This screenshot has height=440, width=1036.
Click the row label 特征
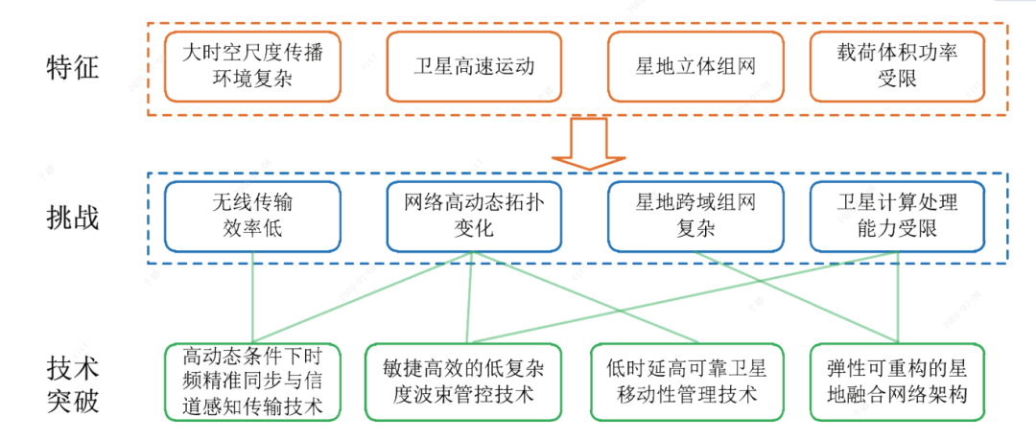(x=72, y=67)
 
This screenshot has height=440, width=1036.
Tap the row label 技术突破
(x=72, y=383)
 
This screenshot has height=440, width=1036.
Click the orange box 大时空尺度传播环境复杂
(x=252, y=66)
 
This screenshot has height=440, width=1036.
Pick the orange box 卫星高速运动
(x=474, y=66)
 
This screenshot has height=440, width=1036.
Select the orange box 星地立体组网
(x=695, y=66)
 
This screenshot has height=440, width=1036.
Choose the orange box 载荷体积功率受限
(x=897, y=66)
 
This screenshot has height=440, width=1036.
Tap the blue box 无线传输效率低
(x=252, y=217)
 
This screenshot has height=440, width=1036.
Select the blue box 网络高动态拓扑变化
(x=474, y=217)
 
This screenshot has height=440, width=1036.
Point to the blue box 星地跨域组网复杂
(x=695, y=217)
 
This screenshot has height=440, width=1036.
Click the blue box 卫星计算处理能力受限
(x=897, y=217)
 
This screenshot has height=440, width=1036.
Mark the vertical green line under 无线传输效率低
(x=252, y=297)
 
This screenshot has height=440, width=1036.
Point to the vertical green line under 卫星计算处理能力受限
(x=898, y=297)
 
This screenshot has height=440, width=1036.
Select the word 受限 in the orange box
(x=897, y=80)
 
